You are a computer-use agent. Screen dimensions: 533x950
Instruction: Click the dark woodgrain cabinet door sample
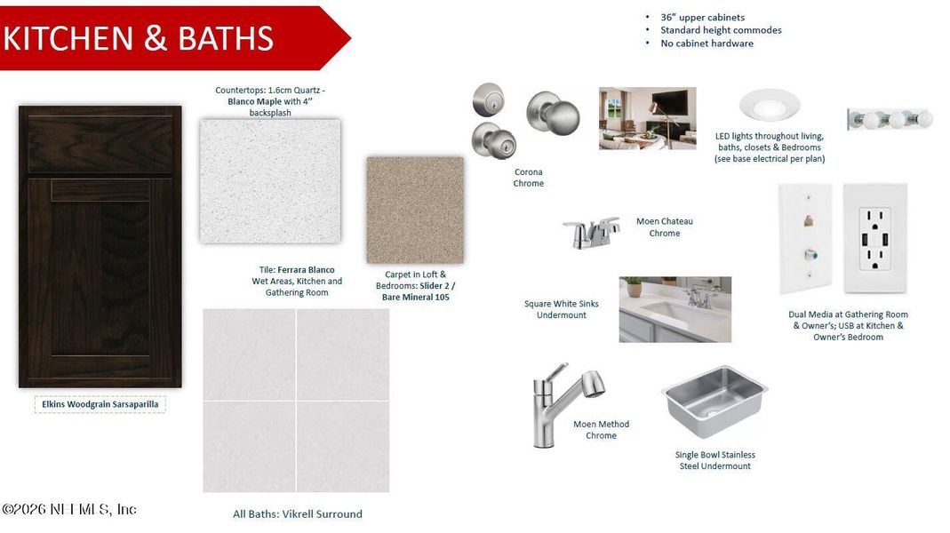100,246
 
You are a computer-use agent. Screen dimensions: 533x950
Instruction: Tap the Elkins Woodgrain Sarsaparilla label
100,404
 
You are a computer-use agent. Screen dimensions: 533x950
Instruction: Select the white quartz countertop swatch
270,181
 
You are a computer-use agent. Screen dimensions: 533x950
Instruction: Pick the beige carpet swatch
415,211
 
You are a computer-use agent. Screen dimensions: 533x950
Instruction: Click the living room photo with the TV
647,118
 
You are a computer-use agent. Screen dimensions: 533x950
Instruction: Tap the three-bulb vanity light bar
890,119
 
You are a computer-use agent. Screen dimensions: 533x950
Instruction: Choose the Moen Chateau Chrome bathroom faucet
591,233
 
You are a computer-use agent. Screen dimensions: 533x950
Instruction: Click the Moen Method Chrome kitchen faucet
560,404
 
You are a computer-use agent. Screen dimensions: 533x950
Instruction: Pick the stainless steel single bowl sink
714,400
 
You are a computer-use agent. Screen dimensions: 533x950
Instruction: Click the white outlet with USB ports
875,238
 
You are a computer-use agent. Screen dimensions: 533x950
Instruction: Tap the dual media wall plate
805,238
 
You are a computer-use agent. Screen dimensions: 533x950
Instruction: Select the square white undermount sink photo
675,309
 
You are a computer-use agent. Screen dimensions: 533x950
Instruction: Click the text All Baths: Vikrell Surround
297,513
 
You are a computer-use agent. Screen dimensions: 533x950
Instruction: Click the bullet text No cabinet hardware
707,44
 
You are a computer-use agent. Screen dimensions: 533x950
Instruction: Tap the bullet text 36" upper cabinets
702,18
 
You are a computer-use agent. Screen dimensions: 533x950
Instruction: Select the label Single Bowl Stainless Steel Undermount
714,460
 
